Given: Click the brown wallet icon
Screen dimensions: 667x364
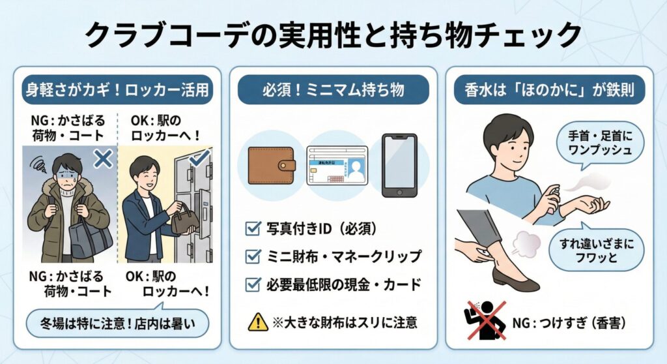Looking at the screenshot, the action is point(272,166).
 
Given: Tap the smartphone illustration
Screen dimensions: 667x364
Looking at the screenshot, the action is point(399,166).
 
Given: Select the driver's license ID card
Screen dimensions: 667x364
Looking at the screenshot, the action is point(337,166).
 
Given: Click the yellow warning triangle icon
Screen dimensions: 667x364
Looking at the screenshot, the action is point(258,322).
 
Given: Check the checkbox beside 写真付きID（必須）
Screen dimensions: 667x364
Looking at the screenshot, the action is point(253,228).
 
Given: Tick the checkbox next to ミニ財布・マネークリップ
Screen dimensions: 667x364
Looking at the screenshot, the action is point(253,256).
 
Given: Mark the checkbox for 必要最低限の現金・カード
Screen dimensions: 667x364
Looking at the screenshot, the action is point(253,284).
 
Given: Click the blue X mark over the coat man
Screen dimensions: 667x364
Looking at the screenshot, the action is point(103,159).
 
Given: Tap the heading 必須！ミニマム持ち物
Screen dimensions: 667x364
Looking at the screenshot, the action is point(333,90).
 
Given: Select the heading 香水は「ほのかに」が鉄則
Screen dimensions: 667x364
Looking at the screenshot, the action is point(549,90).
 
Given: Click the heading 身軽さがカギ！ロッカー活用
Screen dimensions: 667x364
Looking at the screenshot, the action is point(117,90).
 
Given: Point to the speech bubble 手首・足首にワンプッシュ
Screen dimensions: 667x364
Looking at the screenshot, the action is point(600,144).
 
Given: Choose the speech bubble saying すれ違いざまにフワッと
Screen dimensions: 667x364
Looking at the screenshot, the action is point(597,250).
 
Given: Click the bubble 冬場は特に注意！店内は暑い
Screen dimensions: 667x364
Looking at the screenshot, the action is point(117,324).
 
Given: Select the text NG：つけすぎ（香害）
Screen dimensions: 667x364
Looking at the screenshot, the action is point(569,323).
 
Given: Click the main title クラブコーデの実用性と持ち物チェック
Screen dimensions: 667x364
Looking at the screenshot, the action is point(333,35).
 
